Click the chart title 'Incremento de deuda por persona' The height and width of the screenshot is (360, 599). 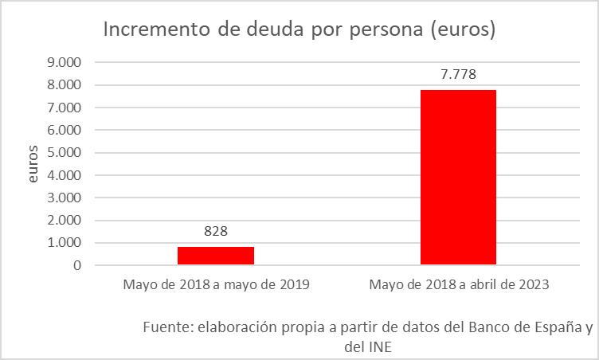(x=299, y=30)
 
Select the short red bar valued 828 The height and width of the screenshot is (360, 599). (x=216, y=256)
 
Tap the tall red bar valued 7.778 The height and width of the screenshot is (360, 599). (x=458, y=177)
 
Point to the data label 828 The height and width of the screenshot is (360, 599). (x=216, y=232)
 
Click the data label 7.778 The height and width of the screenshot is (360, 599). (x=458, y=75)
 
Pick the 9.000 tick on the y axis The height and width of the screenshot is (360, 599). (x=65, y=62)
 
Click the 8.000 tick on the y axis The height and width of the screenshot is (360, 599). (x=65, y=84)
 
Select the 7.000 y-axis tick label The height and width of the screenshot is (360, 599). (x=65, y=108)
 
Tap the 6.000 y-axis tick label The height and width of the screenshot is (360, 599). (x=65, y=130)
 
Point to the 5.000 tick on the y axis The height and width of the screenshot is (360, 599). (x=65, y=152)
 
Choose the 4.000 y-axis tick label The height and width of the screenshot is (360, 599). (x=65, y=175)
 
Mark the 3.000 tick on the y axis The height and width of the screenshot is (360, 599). (x=65, y=198)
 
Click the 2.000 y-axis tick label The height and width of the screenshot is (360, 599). (x=65, y=220)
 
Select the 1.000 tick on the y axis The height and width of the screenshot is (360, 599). (x=65, y=243)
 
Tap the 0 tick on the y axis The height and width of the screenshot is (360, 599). (x=77, y=265)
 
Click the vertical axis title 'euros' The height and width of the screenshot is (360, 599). (x=33, y=163)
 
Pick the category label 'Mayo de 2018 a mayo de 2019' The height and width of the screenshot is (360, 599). (x=216, y=284)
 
